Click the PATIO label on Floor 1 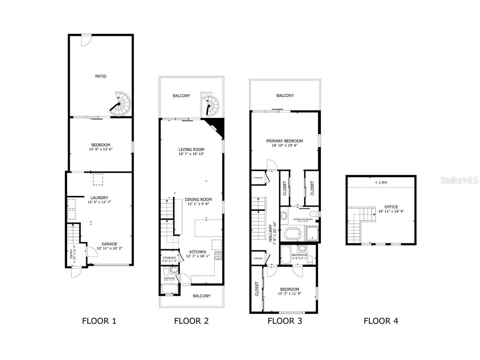click(100, 76)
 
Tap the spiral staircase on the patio click(121, 103)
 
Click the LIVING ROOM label click(191, 150)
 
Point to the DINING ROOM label click(198, 200)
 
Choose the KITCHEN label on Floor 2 click(197, 252)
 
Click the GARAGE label click(110, 244)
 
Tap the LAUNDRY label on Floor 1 click(99, 197)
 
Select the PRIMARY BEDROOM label click(285, 141)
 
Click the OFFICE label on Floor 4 click(391, 207)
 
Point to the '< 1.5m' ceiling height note click(380, 182)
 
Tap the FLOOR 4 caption click(380, 321)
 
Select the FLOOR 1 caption click(99, 321)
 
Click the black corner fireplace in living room click(217, 127)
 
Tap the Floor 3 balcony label click(285, 95)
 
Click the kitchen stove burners click(217, 255)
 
